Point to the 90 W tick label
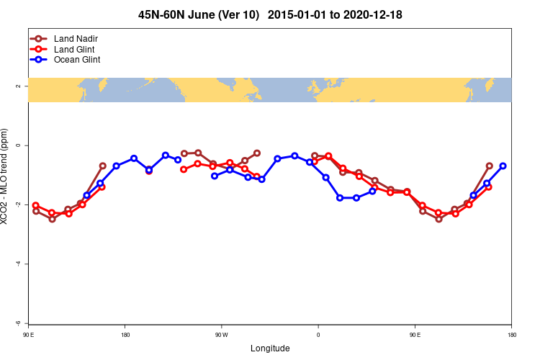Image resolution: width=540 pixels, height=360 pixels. (x=221, y=335)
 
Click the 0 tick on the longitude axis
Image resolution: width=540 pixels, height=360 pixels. (x=318, y=335)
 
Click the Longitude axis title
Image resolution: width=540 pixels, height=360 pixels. (x=270, y=348)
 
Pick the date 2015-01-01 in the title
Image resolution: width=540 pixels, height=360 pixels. (x=304, y=15)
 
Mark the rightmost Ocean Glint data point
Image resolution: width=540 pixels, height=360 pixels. (x=503, y=166)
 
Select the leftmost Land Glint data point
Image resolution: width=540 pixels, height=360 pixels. (x=36, y=205)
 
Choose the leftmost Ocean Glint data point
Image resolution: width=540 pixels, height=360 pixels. (x=86, y=195)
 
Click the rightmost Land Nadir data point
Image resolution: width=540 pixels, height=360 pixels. (x=490, y=166)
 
